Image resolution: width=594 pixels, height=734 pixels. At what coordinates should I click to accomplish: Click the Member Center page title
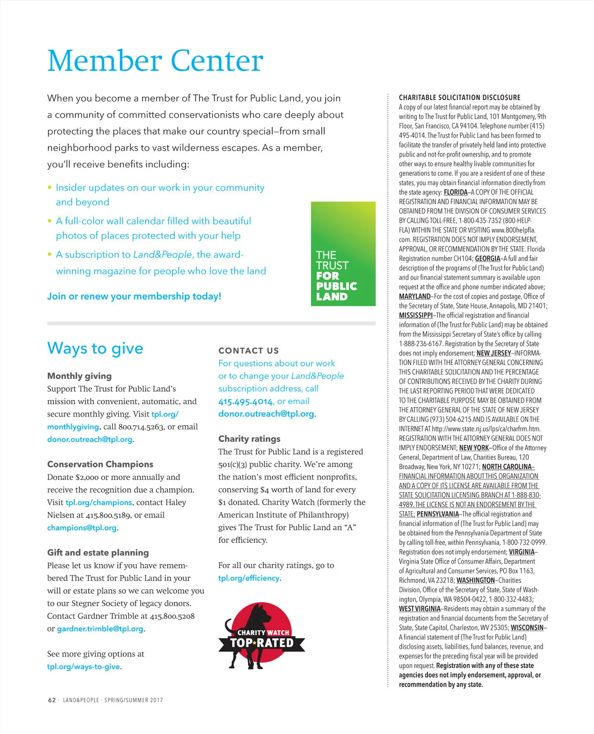tap(155, 61)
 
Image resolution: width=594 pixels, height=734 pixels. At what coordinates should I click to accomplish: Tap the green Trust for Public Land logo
tap(343, 254)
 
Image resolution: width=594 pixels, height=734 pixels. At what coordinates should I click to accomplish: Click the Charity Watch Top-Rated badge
tap(261, 637)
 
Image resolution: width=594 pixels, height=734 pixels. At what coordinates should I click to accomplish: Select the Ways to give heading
tap(95, 349)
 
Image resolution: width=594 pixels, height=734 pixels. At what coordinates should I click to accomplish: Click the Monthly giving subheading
tap(79, 376)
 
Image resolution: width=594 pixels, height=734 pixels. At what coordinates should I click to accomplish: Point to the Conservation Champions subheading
tap(100, 464)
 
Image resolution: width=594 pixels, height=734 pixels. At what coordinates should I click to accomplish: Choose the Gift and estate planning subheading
tap(98, 552)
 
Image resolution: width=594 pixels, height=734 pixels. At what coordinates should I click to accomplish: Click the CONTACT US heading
tap(248, 351)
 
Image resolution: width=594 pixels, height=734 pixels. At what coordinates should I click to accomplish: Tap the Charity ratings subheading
tap(249, 439)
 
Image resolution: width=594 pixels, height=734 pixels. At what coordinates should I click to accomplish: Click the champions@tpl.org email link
tap(82, 528)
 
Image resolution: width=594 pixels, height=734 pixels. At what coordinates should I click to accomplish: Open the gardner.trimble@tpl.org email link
tap(100, 629)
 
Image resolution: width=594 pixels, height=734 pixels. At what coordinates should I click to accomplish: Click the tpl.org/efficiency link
tap(248, 578)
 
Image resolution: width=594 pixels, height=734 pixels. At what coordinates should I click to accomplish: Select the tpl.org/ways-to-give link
tap(83, 667)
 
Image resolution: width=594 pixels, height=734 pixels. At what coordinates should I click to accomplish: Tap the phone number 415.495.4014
tap(246, 402)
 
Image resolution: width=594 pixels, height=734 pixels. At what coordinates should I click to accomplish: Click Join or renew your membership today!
tap(134, 296)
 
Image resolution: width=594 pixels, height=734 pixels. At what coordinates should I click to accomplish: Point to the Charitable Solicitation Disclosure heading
tap(459, 98)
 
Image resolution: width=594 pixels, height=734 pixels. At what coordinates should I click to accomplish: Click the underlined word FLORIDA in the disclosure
tap(455, 192)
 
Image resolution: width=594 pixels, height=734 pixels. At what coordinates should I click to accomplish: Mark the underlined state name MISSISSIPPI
tap(416, 315)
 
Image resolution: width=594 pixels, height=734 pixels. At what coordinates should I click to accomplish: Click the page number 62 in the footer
tap(51, 700)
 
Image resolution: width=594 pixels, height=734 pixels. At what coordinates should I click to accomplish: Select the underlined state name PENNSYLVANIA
tap(438, 514)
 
